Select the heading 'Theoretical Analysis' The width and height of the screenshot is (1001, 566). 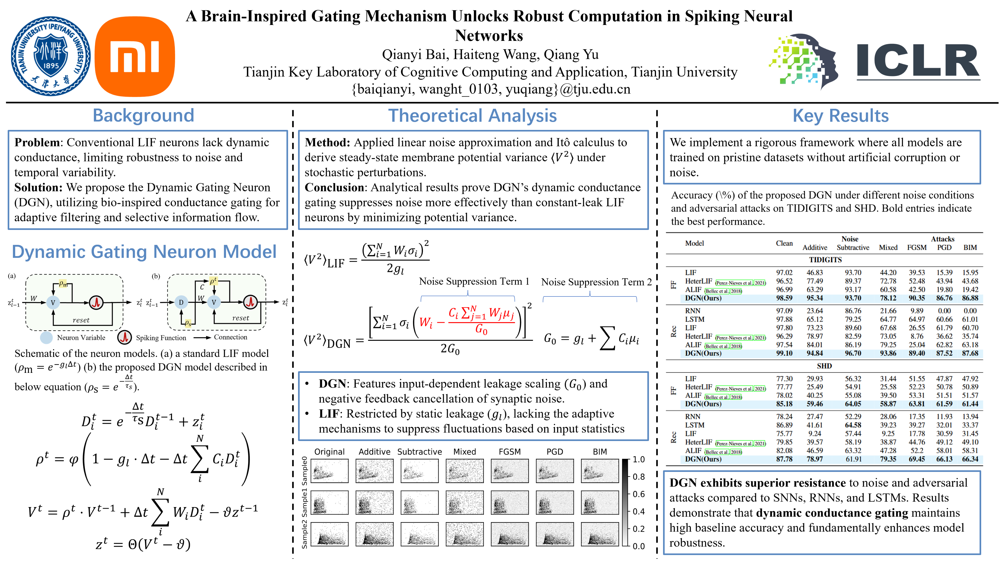point(472,116)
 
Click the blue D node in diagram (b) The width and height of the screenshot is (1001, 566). point(181,302)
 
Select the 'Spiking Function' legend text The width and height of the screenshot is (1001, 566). point(161,338)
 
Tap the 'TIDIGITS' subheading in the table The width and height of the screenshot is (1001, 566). point(825,260)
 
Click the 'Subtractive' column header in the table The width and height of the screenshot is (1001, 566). point(853,248)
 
